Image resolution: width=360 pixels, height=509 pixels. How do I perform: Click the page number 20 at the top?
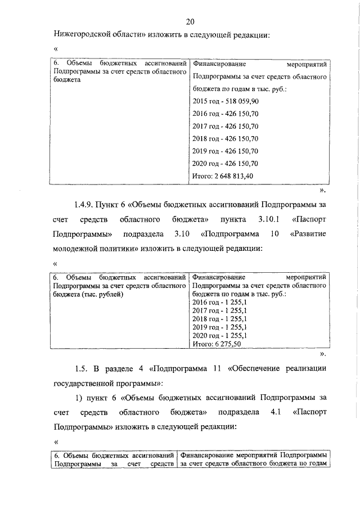[190, 21]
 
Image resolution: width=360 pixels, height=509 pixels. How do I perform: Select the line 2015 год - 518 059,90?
[225, 101]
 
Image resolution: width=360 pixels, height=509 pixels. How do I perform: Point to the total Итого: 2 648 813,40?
[223, 176]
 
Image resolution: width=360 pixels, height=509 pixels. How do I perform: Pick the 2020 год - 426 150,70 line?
[225, 164]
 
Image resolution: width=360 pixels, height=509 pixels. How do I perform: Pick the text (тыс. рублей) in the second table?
[101, 294]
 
